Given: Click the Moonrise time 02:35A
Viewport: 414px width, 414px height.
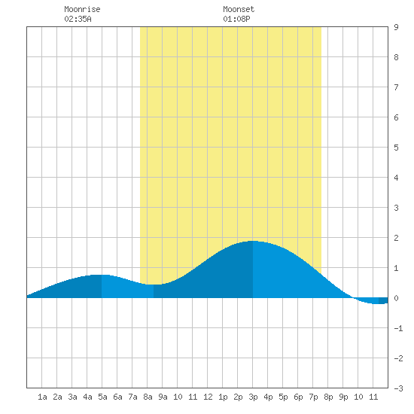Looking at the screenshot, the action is [78, 19].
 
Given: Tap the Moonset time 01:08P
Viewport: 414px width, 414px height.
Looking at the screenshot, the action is [236, 19].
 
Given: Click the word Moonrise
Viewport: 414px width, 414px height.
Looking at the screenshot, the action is [82, 9].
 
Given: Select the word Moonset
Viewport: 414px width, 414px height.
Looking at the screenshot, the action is [239, 9].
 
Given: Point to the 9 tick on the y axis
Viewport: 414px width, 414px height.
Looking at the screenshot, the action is [396, 27].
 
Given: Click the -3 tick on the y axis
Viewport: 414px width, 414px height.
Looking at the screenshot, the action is [398, 388].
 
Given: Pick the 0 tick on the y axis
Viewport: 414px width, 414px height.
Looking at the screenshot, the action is [396, 298].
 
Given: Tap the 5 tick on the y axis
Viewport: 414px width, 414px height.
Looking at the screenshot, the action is [396, 148].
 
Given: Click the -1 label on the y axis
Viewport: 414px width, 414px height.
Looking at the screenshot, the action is [398, 328].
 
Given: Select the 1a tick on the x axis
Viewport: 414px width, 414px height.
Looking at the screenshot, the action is [42, 397].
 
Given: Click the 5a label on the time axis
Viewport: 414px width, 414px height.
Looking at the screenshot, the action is [102, 397].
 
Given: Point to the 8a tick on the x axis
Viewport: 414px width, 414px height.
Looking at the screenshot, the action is [148, 397].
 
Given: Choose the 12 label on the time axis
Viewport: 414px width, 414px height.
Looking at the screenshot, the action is [208, 397].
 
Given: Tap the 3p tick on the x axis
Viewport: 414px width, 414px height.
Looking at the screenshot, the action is [253, 397].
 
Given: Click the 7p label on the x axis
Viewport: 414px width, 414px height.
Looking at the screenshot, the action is [313, 397].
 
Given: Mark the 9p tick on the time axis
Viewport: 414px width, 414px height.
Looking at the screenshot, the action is [343, 397].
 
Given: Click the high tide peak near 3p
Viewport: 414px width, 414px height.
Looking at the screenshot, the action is [253, 241].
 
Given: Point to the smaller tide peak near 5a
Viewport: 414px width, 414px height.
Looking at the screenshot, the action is [102, 275].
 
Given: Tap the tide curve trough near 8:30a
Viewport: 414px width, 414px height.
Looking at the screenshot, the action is [154, 285].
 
